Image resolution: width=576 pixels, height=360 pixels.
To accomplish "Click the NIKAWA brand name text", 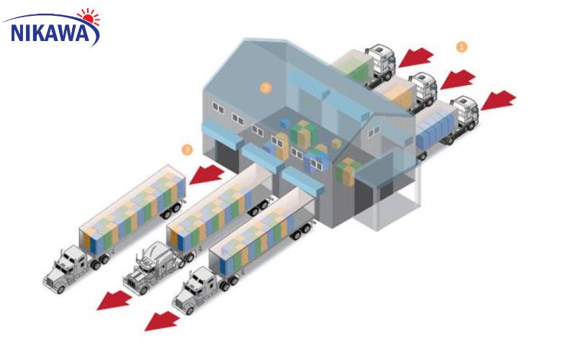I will [x=51, y=32].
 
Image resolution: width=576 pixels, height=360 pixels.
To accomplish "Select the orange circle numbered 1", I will [x=462, y=46].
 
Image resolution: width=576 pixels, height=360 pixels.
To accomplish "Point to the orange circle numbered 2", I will [x=266, y=88].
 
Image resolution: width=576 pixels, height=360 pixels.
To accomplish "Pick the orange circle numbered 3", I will [x=188, y=150].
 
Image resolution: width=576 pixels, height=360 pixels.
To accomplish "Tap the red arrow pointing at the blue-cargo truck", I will [x=498, y=100].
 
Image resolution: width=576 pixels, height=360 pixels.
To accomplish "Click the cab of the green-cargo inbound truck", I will [x=379, y=62].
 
